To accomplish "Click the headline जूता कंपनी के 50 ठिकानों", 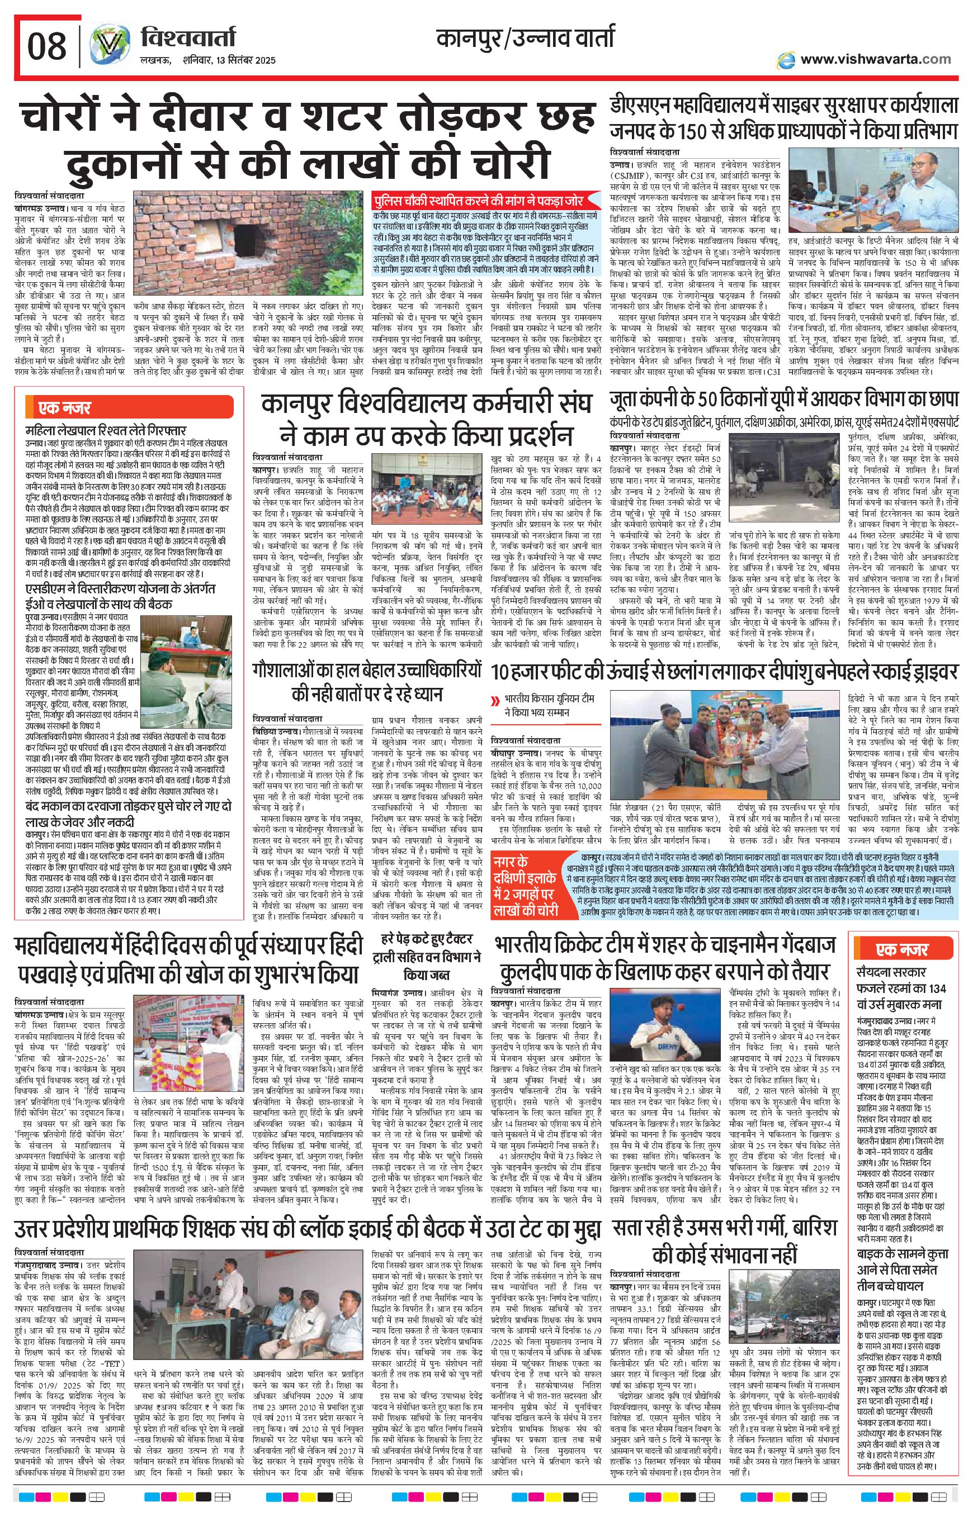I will (783, 400).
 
